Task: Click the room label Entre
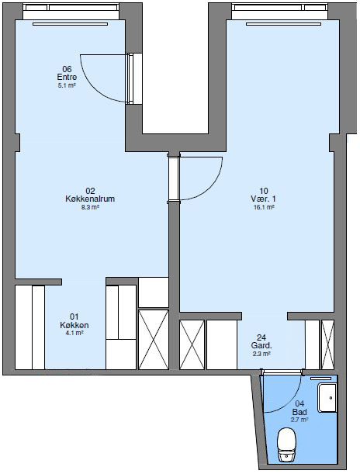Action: tap(67, 78)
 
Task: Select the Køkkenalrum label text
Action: tap(90, 199)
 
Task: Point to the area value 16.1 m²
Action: tap(264, 208)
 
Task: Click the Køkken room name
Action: tap(74, 325)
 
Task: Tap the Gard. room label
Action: tap(261, 345)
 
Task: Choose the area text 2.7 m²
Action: tap(299, 419)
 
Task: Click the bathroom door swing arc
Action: tap(281, 393)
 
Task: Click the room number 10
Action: tap(264, 191)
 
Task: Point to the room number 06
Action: tap(67, 69)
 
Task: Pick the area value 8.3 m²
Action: tap(90, 208)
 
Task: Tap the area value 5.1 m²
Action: tap(67, 86)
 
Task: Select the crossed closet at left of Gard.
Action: tap(192, 344)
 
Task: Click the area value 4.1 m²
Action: tap(74, 334)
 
